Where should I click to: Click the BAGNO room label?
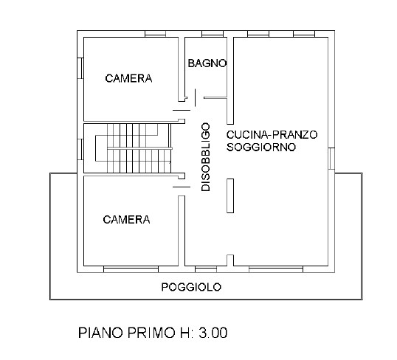pos(207,63)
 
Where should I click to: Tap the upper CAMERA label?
pos(128,78)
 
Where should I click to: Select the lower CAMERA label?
pos(126,219)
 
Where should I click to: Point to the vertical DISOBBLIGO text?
pos(206,157)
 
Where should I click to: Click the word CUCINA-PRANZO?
pos(272,135)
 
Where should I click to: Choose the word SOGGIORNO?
pos(261,147)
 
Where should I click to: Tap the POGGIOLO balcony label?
pos(191,287)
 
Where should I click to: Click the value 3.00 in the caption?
pos(211,333)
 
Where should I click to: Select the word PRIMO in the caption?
pos(143,333)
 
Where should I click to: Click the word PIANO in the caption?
pos(99,333)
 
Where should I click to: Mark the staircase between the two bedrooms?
pos(133,148)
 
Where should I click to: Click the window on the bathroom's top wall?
pos(213,34)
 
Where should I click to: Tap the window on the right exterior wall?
pos(331,157)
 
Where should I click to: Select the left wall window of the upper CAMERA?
pos(79,66)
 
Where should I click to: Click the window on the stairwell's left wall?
pos(79,147)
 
